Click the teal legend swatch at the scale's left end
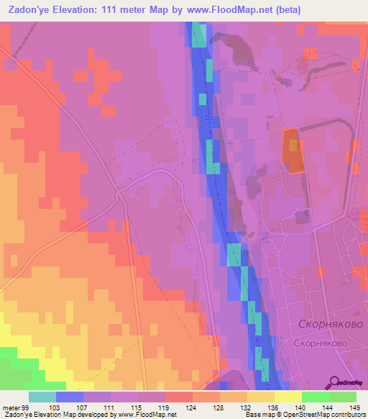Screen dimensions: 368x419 pos(42,397)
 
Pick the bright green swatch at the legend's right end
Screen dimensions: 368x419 pos(343,397)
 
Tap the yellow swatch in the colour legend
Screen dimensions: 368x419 pos(288,397)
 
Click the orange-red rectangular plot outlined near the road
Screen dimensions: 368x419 pos(293,151)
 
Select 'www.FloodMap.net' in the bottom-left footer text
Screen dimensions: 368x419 pos(144,415)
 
